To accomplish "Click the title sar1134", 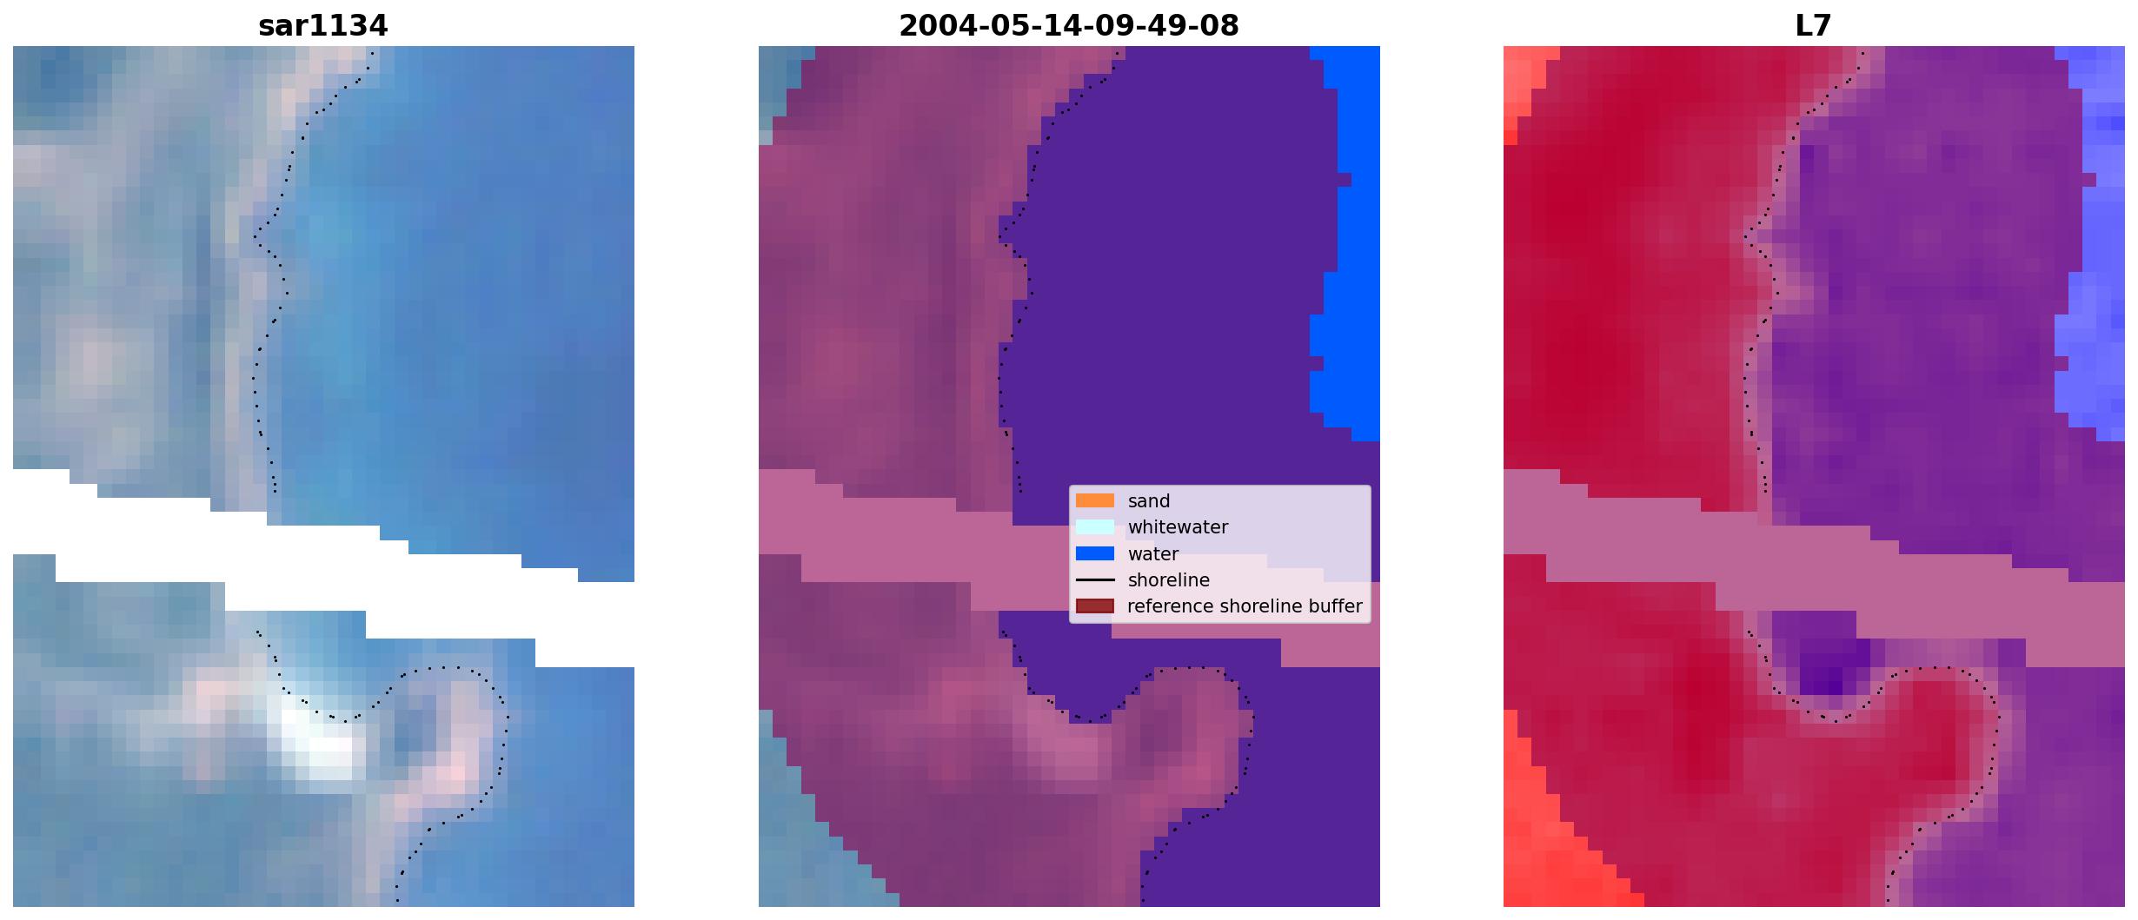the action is click(322, 26).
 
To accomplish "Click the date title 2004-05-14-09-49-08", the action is click(1068, 26).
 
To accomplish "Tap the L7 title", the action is click(1813, 26).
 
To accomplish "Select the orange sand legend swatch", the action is click(1094, 500).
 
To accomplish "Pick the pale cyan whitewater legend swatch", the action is click(1094, 526).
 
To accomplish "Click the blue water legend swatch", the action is click(1094, 553).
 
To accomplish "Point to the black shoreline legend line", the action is click(1094, 579).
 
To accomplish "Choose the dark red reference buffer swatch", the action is click(1094, 606).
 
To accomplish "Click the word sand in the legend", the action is click(1149, 501).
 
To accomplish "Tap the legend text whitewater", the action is click(1178, 527).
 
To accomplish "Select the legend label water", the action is click(1153, 554).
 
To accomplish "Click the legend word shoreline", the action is click(1169, 580).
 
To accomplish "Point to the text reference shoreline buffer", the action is click(1245, 606).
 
